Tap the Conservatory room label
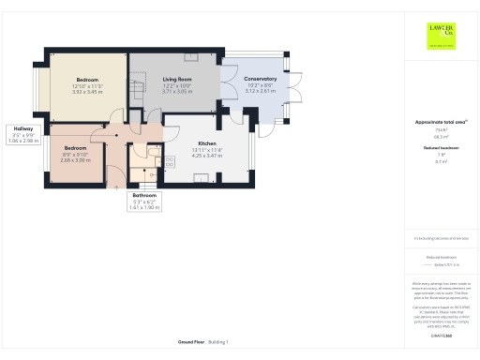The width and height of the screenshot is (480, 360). (260, 79)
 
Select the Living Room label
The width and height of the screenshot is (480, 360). (177, 79)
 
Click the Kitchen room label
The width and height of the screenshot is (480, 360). (206, 142)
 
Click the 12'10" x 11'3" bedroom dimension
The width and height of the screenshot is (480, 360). (87, 85)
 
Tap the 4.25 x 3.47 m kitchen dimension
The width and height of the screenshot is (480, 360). (206, 155)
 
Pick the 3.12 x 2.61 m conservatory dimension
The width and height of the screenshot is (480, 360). (260, 92)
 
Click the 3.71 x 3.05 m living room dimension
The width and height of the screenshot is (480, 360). (177, 92)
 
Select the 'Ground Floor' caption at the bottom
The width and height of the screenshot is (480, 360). (191, 341)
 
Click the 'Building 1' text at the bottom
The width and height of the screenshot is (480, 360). (218, 341)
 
